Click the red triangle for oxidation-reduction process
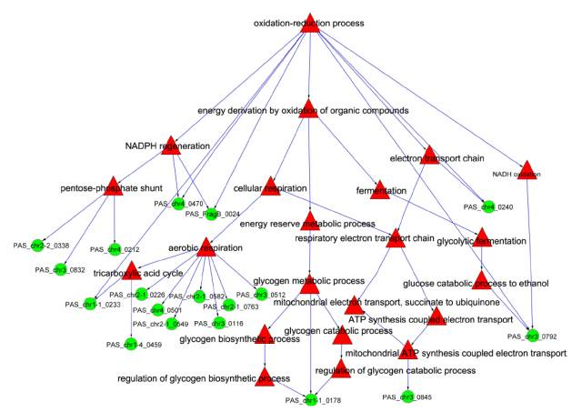coord(309,24)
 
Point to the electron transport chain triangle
coord(430,156)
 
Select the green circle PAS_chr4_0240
coord(488,206)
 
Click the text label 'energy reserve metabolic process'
coord(307,224)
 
